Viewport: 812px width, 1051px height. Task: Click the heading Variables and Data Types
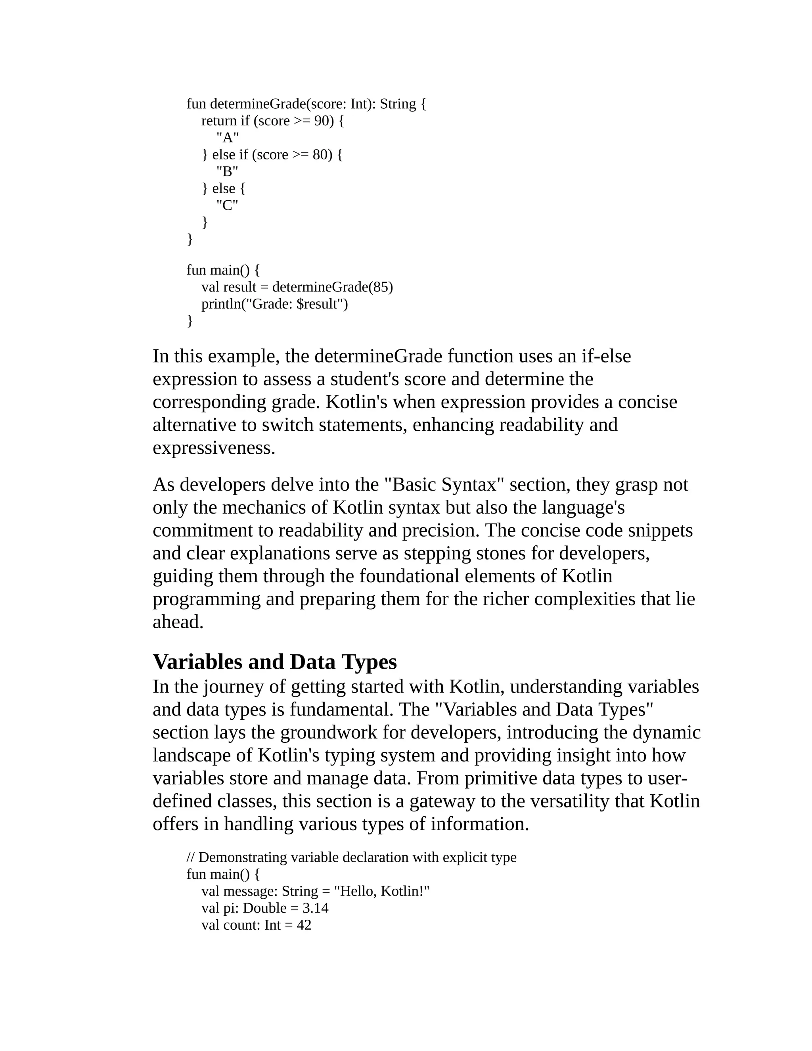point(275,662)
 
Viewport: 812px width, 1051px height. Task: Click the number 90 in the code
point(321,121)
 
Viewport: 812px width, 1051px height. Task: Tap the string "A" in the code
point(228,138)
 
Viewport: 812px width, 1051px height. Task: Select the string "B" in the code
point(227,172)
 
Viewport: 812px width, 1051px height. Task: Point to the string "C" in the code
point(227,205)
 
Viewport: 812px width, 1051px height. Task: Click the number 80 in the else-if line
point(320,155)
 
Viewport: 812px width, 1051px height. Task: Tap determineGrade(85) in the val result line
point(332,287)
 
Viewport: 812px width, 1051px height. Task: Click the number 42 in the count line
point(304,925)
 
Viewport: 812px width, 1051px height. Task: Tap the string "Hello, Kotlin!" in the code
point(381,892)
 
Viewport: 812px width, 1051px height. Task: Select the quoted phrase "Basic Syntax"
point(444,485)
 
